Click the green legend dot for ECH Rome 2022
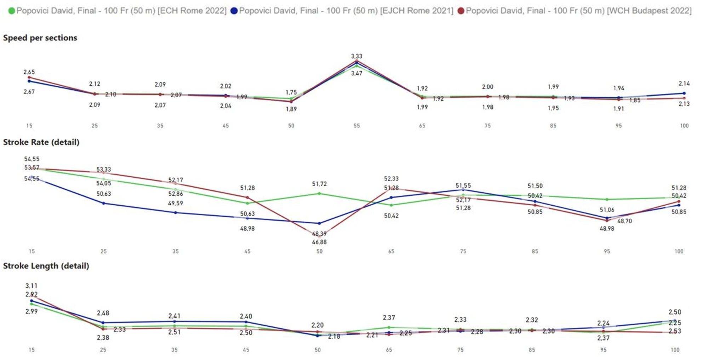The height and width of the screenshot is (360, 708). pyautogui.click(x=12, y=11)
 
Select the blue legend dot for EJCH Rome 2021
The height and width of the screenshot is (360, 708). pyautogui.click(x=234, y=11)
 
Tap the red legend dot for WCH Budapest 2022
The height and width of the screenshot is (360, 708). pyautogui.click(x=461, y=11)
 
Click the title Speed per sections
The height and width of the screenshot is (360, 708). pyautogui.click(x=40, y=38)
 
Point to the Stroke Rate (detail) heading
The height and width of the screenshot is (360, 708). pyautogui.click(x=41, y=142)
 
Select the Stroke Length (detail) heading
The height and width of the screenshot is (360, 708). pyautogui.click(x=46, y=266)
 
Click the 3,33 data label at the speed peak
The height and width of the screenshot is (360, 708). pyautogui.click(x=356, y=56)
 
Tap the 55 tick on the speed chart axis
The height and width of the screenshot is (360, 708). pyautogui.click(x=356, y=126)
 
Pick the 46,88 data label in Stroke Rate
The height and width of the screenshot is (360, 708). pyautogui.click(x=319, y=242)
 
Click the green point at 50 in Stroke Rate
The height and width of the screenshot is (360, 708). pyautogui.click(x=319, y=194)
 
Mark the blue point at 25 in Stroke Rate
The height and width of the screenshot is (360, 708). pyautogui.click(x=103, y=203)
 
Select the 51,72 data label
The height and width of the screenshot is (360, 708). pyautogui.click(x=319, y=184)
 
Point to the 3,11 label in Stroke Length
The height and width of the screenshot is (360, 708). pyautogui.click(x=31, y=286)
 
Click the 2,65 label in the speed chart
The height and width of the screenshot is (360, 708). pyautogui.click(x=29, y=72)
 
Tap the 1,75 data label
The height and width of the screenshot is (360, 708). pyautogui.click(x=291, y=92)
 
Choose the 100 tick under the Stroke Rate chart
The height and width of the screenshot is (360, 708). pyautogui.click(x=679, y=251)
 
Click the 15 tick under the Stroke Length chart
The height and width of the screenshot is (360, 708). pyautogui.click(x=32, y=350)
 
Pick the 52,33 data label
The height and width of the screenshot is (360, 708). pyautogui.click(x=391, y=179)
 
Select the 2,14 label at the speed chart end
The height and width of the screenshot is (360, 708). pyautogui.click(x=684, y=84)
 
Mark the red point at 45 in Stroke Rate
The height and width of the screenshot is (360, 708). pyautogui.click(x=247, y=198)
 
